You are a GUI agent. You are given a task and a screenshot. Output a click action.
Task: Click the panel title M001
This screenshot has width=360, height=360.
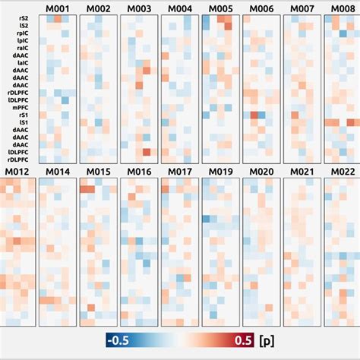(57, 8)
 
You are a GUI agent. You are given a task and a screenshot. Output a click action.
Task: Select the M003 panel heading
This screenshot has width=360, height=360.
(138, 8)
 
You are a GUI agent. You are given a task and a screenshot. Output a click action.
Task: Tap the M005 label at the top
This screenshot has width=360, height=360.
(219, 8)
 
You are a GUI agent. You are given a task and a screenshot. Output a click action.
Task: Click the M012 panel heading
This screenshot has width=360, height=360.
(16, 172)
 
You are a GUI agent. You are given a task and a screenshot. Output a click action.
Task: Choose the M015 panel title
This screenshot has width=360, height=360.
(98, 172)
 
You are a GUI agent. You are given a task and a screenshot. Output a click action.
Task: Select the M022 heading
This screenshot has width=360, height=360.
(342, 172)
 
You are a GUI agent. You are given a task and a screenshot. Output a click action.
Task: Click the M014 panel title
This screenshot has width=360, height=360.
(57, 172)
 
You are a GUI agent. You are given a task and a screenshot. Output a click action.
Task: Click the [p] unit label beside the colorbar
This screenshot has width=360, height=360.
(266, 339)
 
